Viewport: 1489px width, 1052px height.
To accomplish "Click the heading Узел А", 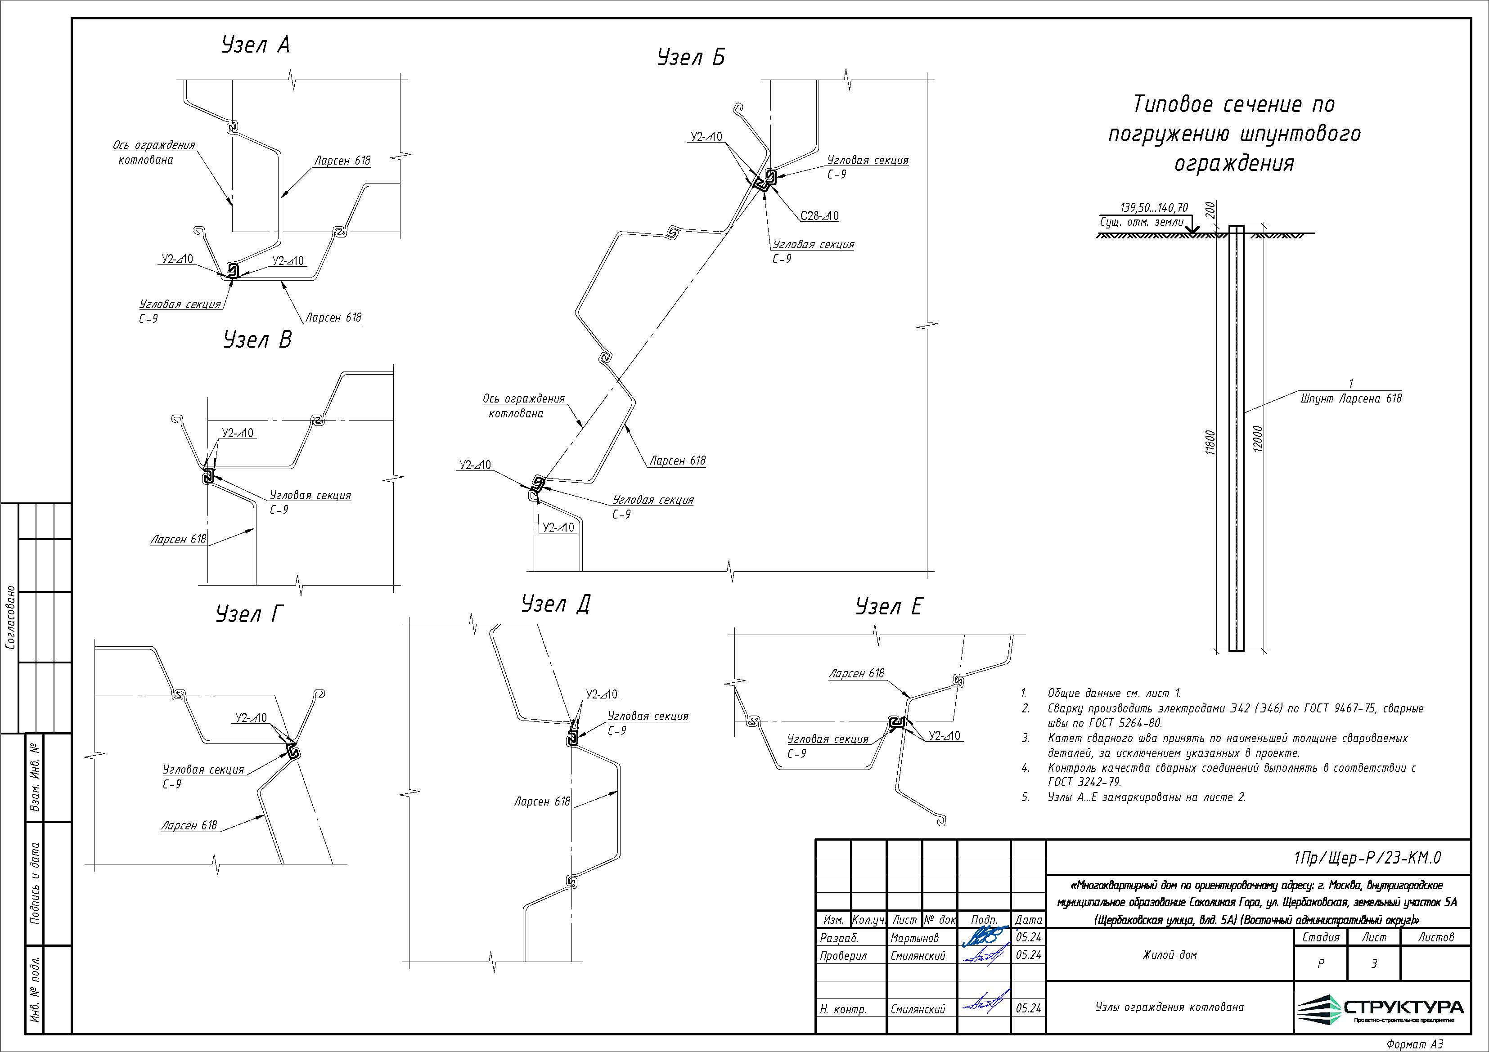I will click(256, 45).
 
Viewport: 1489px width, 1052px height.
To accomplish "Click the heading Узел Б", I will click(691, 58).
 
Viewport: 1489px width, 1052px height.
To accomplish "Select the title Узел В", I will click(257, 340).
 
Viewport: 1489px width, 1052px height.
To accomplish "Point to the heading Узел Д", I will click(556, 604).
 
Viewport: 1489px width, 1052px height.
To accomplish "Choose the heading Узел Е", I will click(888, 607).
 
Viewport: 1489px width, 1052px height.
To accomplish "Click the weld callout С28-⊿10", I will click(819, 216).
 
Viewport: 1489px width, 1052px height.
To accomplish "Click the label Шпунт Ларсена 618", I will click(1351, 398).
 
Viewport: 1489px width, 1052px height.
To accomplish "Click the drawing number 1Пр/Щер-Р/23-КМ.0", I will click(1367, 858).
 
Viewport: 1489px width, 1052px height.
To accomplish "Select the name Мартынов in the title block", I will click(914, 938).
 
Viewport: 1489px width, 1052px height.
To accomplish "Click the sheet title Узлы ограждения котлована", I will click(1169, 1007).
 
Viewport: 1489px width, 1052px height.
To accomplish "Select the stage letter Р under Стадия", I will click(1320, 964).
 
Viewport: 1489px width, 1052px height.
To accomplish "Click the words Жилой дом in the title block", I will click(1169, 955).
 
